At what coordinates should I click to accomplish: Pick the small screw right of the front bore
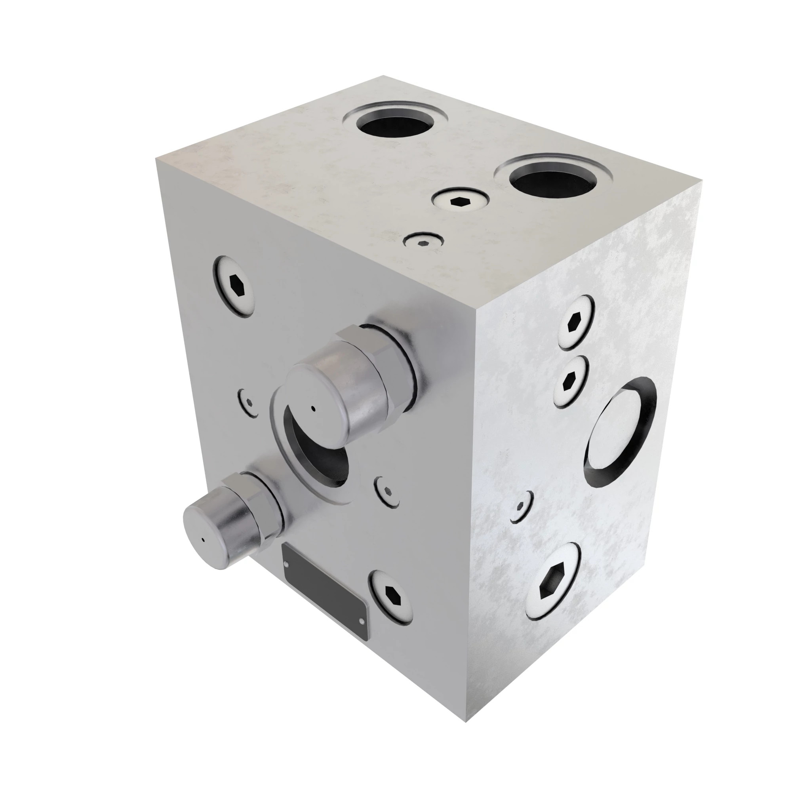point(387,492)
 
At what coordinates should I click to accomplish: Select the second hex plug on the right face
point(570,381)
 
